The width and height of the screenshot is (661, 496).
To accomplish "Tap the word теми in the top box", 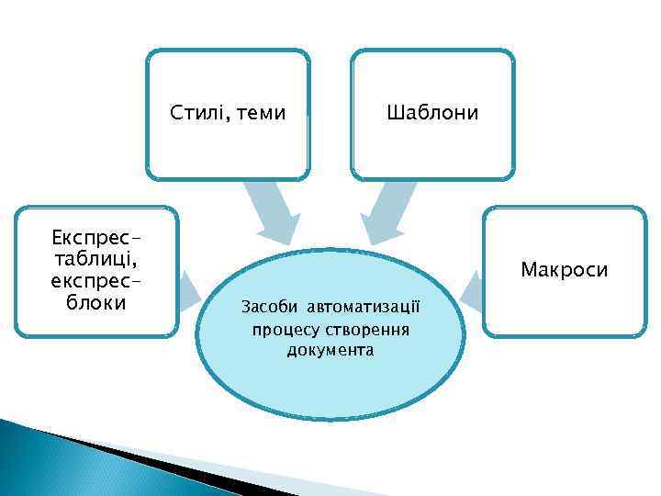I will pyautogui.click(x=261, y=114).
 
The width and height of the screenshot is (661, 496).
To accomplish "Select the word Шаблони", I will pyautogui.click(x=432, y=113).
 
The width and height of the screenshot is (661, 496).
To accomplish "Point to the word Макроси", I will pyautogui.click(x=564, y=270).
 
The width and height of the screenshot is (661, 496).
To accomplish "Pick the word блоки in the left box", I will pyautogui.click(x=96, y=302).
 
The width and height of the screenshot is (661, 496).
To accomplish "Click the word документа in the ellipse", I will pyautogui.click(x=330, y=351).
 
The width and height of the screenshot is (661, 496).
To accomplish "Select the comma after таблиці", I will pyautogui.click(x=136, y=266).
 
